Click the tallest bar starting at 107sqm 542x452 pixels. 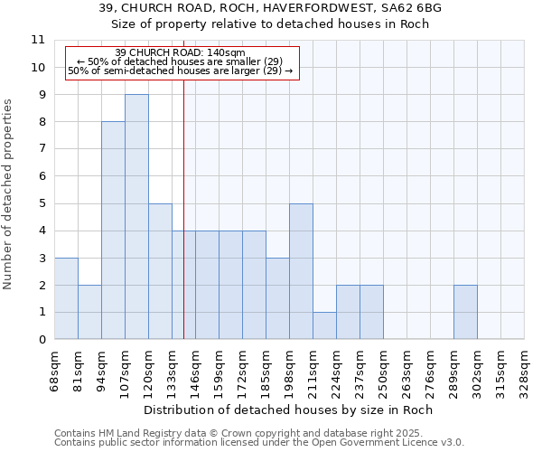pyautogui.click(x=136, y=217)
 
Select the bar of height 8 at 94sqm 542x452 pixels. pyautogui.click(x=113, y=231)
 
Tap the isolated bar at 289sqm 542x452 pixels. pyautogui.click(x=465, y=312)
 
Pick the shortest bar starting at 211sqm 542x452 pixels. pyautogui.click(x=324, y=325)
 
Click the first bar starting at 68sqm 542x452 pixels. pyautogui.click(x=66, y=298)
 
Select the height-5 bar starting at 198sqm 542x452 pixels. pyautogui.click(x=301, y=271)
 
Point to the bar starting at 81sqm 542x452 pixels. pyautogui.click(x=89, y=312)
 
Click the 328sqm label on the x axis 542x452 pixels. pyautogui.click(x=524, y=371)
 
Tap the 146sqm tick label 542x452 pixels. pyautogui.click(x=195, y=371)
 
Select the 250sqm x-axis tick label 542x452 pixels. pyautogui.click(x=383, y=371)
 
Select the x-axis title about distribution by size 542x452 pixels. pyautogui.click(x=289, y=410)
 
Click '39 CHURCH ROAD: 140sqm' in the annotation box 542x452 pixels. pyautogui.click(x=181, y=52)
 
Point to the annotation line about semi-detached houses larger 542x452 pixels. pyautogui.click(x=181, y=71)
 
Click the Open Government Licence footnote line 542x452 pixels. pyautogui.click(x=259, y=443)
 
